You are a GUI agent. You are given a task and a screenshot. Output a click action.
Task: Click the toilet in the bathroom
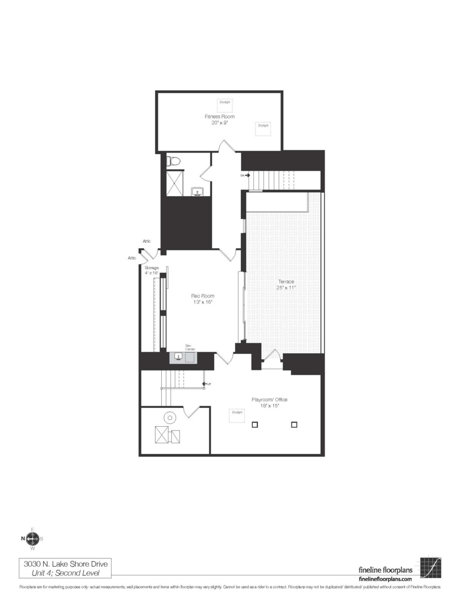click(174, 161)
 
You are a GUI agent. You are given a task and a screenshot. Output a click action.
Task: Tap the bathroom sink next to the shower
click(198, 192)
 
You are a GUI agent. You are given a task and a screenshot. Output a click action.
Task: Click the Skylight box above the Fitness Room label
click(225, 105)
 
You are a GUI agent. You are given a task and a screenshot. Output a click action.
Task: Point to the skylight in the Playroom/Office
click(237, 416)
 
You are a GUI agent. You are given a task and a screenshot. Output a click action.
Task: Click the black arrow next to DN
click(248, 175)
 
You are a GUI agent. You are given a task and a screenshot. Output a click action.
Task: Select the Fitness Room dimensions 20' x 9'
click(220, 123)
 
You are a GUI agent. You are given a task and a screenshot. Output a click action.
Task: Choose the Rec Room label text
click(202, 296)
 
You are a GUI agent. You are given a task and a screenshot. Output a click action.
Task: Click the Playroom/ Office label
click(269, 400)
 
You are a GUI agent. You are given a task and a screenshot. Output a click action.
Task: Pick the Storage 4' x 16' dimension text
click(152, 273)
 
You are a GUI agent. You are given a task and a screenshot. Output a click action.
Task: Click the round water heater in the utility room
click(169, 418)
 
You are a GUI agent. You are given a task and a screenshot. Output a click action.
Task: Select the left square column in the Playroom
click(255, 425)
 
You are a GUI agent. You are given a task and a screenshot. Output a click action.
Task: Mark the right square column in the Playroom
click(294, 425)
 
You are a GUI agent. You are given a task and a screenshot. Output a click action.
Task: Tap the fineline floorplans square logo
click(431, 567)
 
